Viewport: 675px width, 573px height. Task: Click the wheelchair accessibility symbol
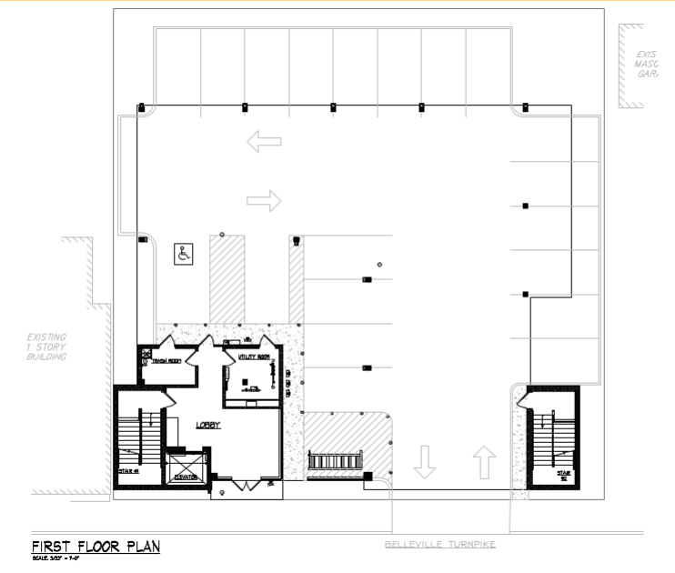(185, 254)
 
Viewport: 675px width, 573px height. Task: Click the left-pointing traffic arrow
(265, 141)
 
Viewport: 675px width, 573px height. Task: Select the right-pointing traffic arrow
(265, 200)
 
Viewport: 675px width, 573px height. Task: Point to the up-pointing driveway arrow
(484, 461)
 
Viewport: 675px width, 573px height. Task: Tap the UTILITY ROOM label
(254, 357)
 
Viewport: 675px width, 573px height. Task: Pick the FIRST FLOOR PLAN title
(96, 547)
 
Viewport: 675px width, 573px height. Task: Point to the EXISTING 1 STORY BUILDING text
(46, 347)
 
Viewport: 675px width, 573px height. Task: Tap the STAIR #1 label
(128, 471)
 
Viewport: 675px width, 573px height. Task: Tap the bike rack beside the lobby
(336, 461)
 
